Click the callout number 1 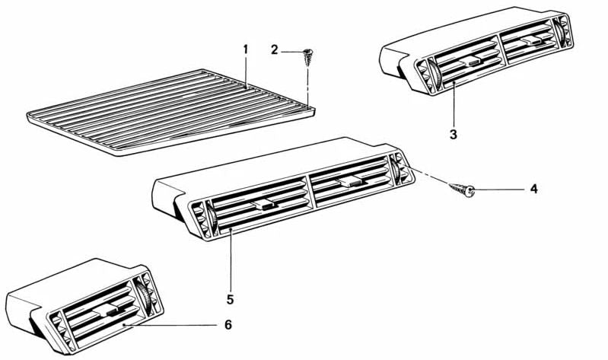coord(246,49)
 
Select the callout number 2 coord(275,50)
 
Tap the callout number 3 coord(453,134)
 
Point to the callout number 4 coord(533,189)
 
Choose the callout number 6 coord(228,324)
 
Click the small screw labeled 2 coord(309,55)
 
